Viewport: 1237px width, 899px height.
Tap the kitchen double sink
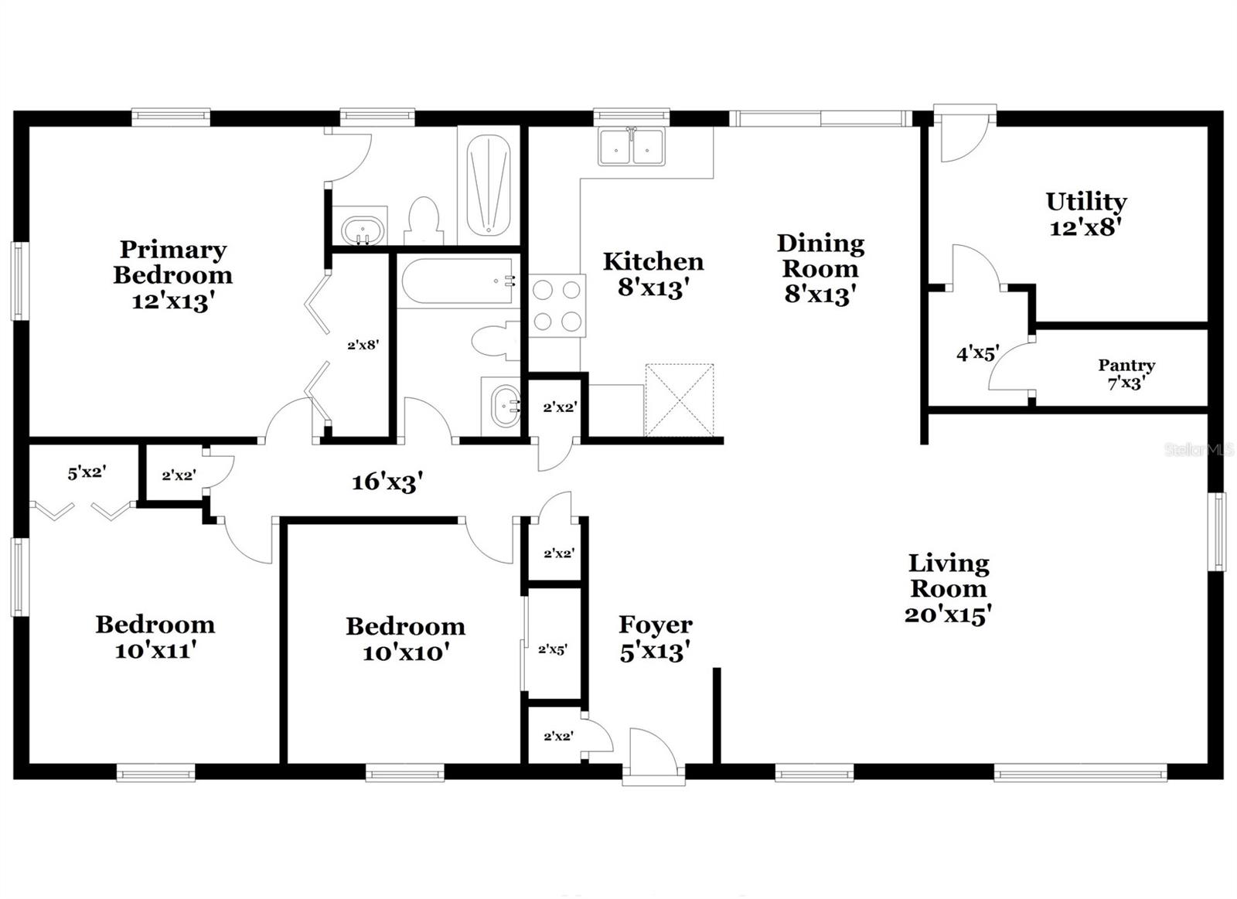tap(631, 146)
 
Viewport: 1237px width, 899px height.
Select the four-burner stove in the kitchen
tap(557, 306)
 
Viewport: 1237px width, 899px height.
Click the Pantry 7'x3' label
tap(1126, 373)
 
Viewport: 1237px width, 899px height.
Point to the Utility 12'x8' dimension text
tap(1085, 227)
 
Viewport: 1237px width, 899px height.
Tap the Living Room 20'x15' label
tap(949, 587)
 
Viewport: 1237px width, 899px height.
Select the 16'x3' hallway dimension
tap(387, 482)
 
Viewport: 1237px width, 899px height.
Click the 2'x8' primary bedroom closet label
tap(363, 345)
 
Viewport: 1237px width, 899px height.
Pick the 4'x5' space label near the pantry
tap(977, 354)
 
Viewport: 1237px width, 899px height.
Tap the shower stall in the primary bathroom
tap(489, 186)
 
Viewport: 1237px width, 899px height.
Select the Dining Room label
tap(820, 267)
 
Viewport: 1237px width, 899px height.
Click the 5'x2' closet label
tap(86, 472)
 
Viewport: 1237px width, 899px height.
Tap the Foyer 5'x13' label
tap(655, 638)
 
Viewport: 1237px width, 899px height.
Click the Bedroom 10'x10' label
tap(405, 638)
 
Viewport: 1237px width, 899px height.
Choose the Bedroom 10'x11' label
tap(155, 637)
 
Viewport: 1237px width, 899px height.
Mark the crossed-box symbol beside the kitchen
tap(679, 400)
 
